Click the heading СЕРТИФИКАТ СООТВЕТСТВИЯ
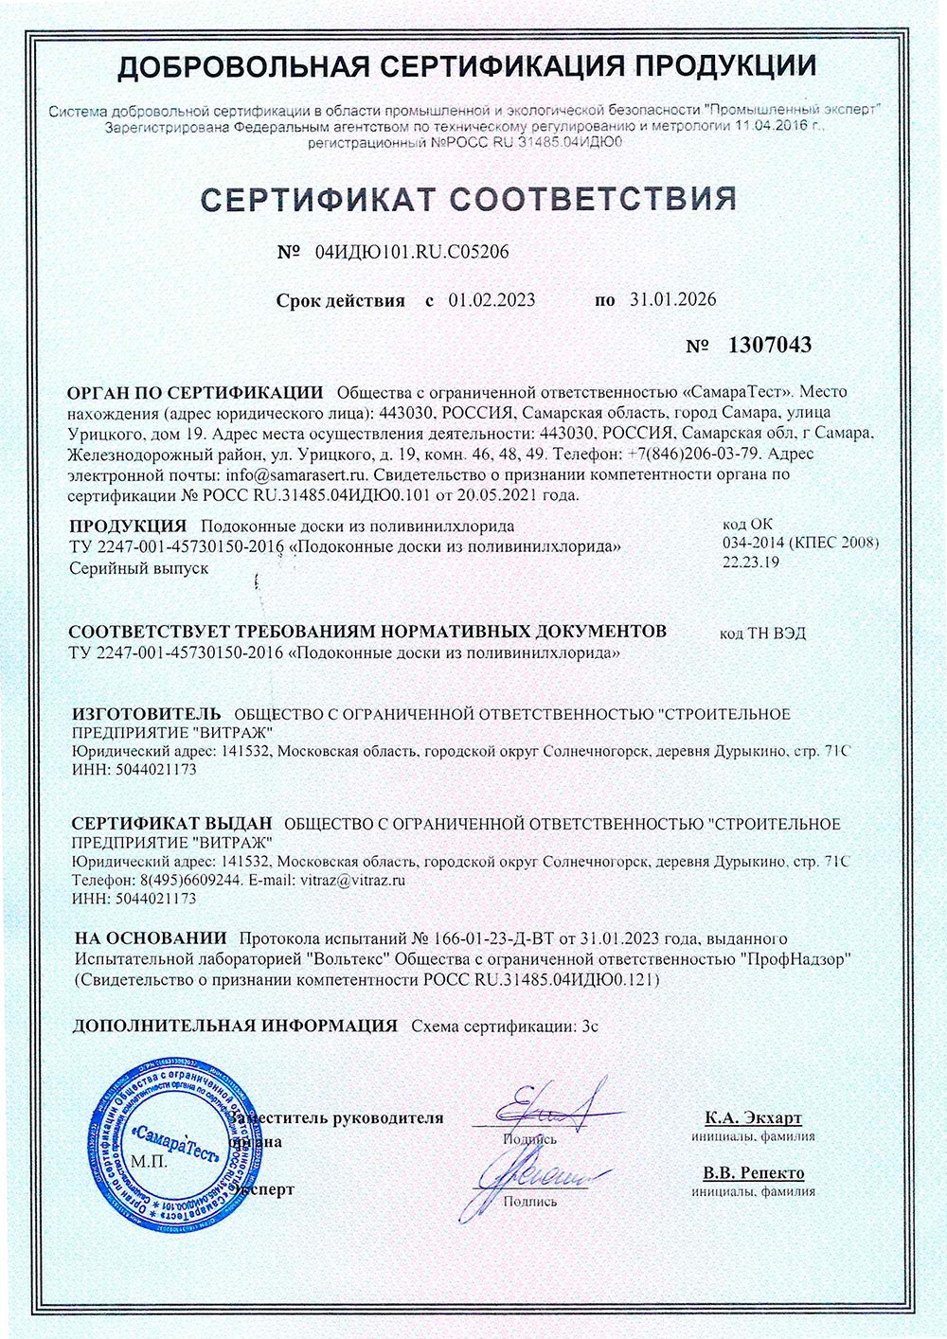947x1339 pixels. click(x=468, y=199)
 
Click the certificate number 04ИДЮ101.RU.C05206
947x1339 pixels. click(x=404, y=253)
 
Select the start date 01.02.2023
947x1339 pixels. click(x=491, y=300)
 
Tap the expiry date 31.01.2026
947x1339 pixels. click(x=672, y=300)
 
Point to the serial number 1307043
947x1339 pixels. click(x=769, y=345)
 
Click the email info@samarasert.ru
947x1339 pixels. click(x=296, y=474)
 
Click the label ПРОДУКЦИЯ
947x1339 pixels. click(x=128, y=527)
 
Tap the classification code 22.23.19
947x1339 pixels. click(x=751, y=562)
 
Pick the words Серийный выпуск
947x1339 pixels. click(x=138, y=568)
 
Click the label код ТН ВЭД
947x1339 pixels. click(x=762, y=634)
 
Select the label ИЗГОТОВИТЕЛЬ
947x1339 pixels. click(x=146, y=714)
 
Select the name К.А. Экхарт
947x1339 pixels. click(x=753, y=1117)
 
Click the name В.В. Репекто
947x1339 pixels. click(x=753, y=1173)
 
